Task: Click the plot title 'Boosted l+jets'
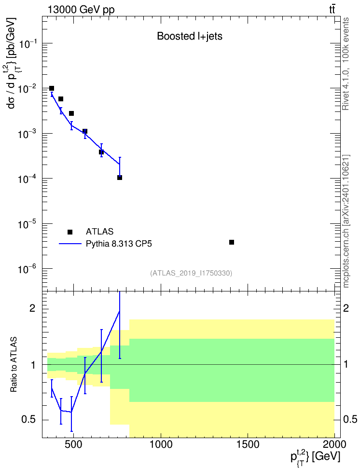(190, 36)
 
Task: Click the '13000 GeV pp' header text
(81, 10)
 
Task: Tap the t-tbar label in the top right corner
(332, 10)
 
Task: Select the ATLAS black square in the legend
(70, 232)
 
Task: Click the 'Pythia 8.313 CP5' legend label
(119, 244)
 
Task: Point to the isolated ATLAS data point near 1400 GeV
(232, 242)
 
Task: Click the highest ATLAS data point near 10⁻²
(52, 88)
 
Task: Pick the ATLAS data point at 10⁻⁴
(120, 178)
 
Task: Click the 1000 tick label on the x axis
(161, 444)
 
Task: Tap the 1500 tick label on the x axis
(248, 444)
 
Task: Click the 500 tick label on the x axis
(74, 444)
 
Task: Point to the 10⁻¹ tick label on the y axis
(27, 44)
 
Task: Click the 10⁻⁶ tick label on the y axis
(27, 269)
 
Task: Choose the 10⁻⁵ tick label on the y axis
(27, 224)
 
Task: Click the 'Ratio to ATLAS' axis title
(14, 365)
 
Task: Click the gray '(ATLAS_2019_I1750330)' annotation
(191, 273)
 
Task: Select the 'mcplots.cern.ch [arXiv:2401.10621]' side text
(346, 221)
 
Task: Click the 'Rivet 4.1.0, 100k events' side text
(346, 64)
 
